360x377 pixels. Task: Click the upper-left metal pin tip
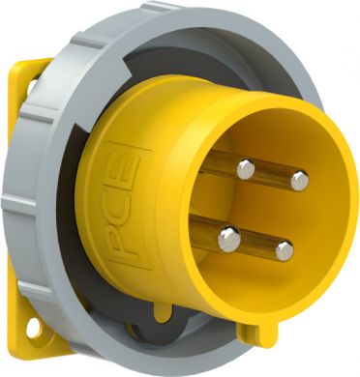coord(246,169)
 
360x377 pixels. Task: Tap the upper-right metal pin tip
coord(300,181)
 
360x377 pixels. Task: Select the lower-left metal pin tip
coord(229,239)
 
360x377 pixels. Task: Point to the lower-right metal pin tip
coord(285,251)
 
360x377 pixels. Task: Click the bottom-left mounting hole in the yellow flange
coord(34,329)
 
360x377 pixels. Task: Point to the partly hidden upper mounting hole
coord(31,85)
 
